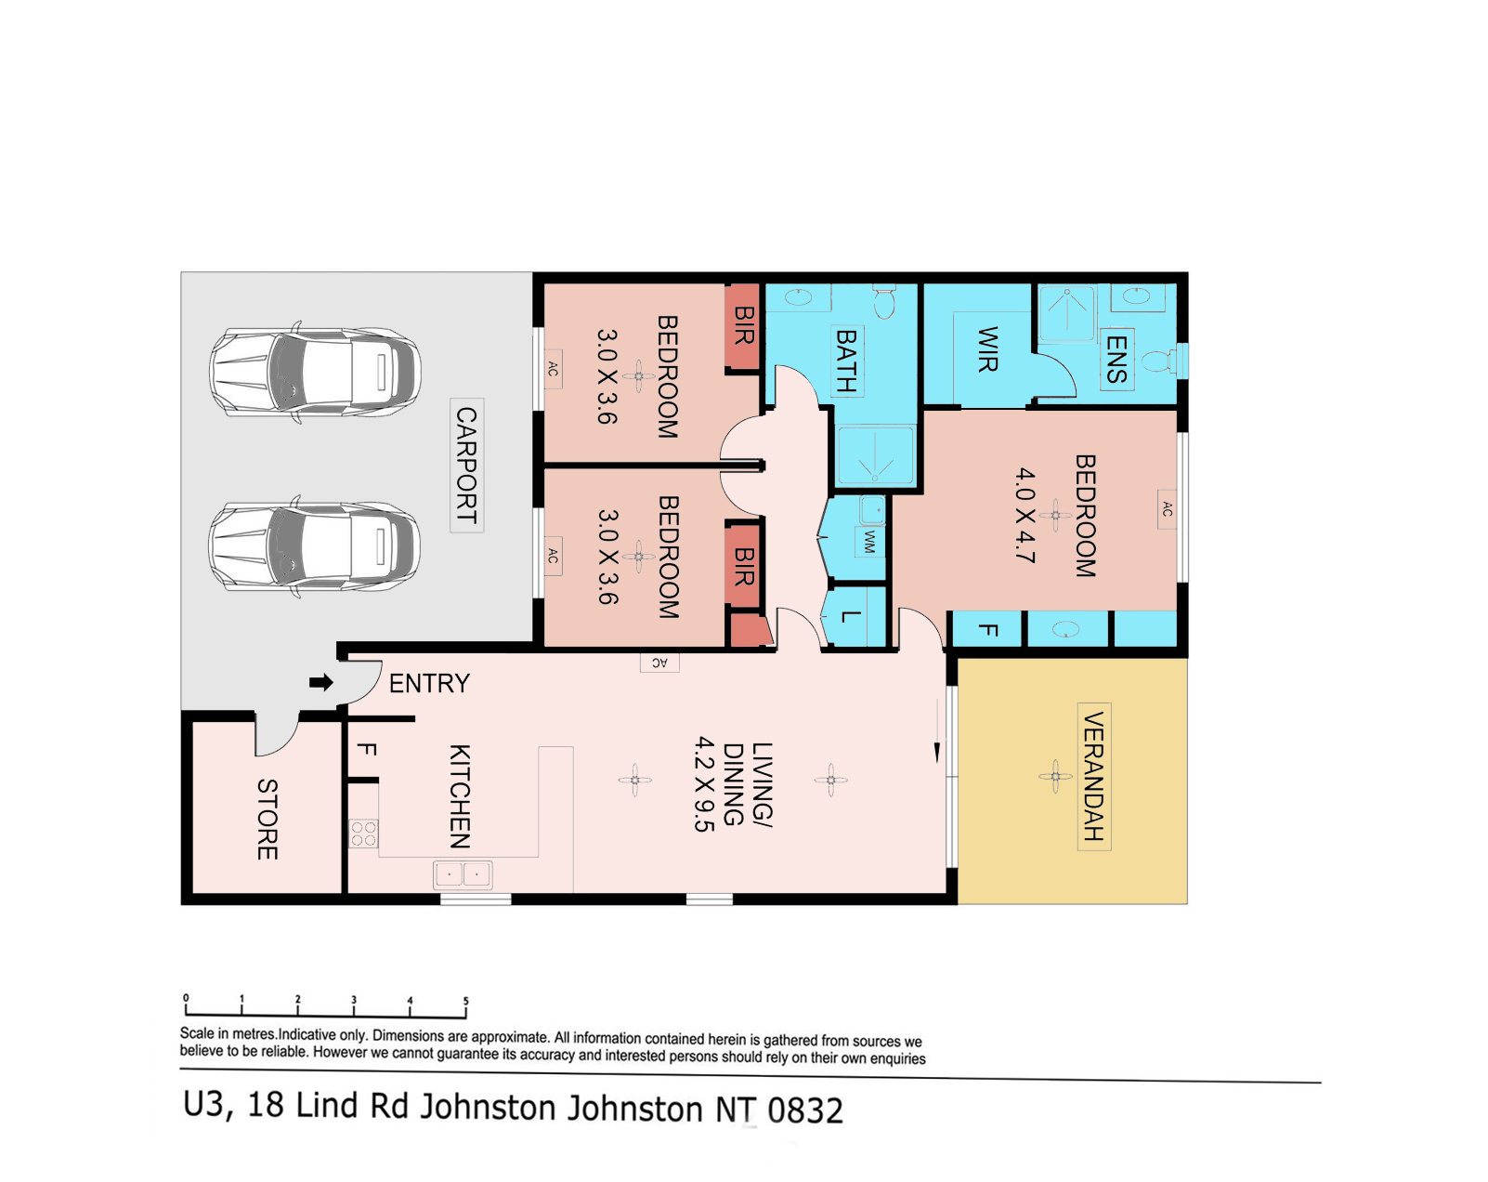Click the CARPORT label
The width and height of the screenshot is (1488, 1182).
(466, 465)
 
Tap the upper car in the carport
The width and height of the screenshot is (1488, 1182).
(315, 373)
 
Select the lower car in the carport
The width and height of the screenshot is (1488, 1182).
(315, 546)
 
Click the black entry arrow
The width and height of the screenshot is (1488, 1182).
(320, 683)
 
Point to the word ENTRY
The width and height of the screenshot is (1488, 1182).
(429, 684)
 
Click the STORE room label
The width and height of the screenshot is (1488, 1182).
(268, 820)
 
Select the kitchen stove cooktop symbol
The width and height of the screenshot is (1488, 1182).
(363, 834)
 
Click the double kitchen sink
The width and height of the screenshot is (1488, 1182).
(463, 874)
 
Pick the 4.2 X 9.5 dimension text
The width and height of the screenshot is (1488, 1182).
(705, 784)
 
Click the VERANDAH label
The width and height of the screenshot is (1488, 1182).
(1093, 777)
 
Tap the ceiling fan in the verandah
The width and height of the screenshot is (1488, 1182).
(1055, 777)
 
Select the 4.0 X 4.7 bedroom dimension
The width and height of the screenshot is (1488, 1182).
(1025, 516)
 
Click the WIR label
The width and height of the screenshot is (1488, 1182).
(987, 349)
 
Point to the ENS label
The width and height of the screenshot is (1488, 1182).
(1116, 360)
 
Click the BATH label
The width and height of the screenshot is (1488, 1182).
(847, 361)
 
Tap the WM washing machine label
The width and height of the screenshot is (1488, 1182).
(869, 541)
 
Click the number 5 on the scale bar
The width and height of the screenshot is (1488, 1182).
(466, 1001)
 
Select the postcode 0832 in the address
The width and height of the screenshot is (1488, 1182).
(805, 1110)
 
